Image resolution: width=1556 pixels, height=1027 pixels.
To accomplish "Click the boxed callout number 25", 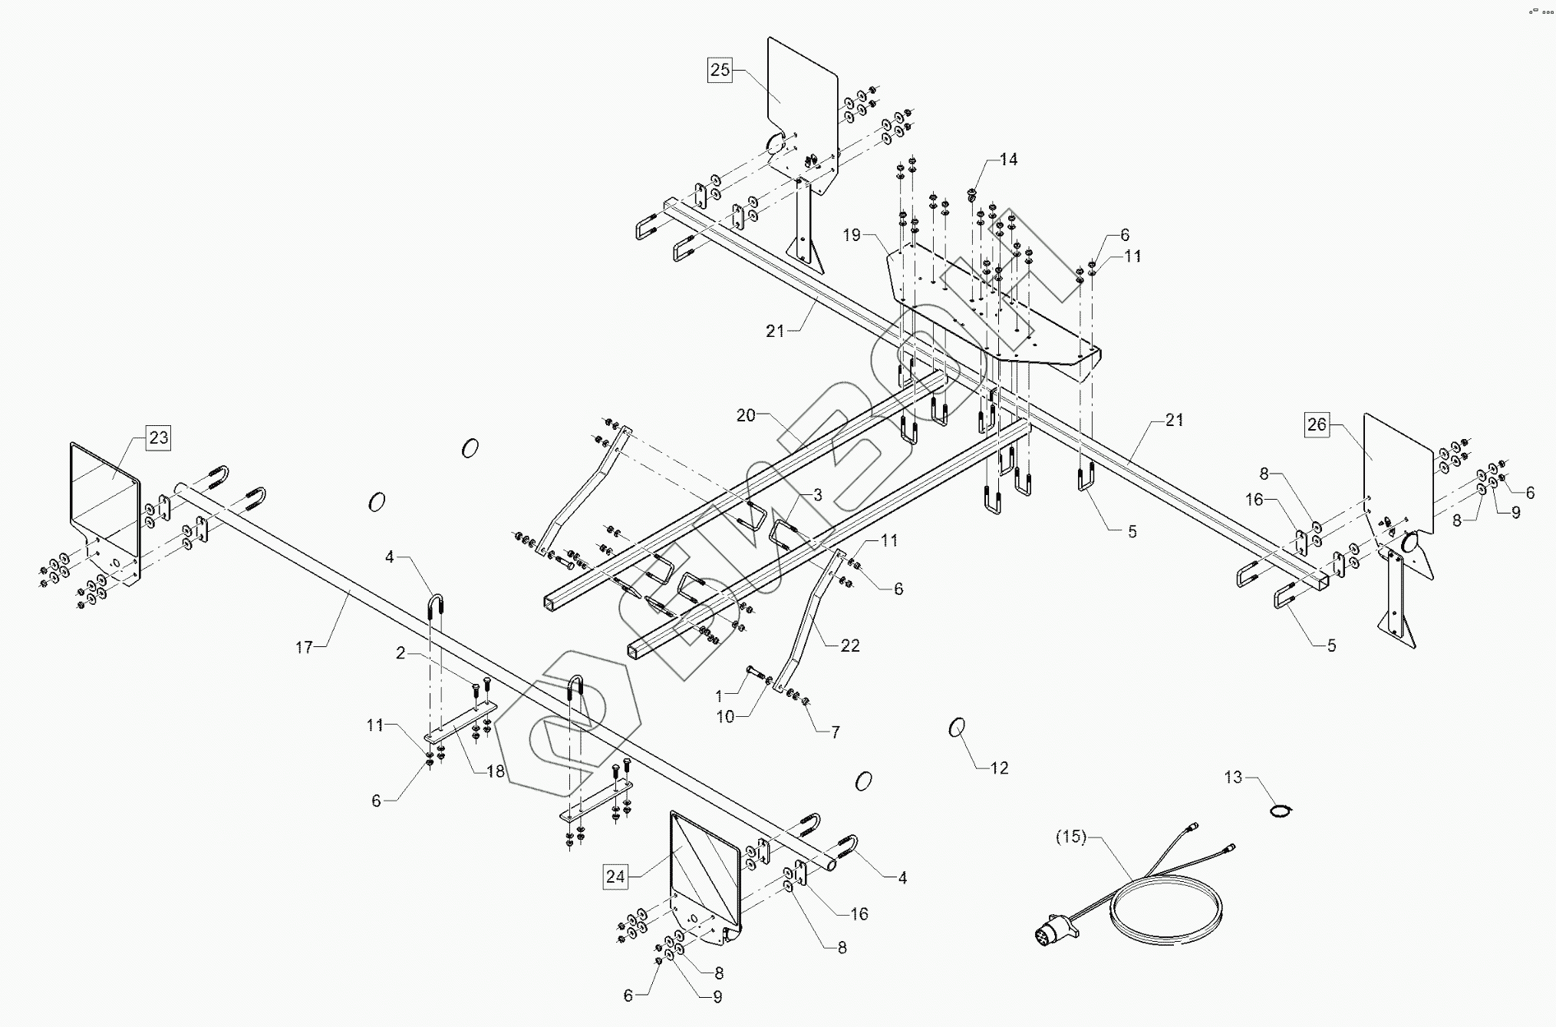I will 720,71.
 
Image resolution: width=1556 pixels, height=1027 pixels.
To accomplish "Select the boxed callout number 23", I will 158,438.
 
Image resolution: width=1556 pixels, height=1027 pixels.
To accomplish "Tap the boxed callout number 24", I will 615,877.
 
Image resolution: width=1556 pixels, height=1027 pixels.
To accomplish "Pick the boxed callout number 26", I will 1317,424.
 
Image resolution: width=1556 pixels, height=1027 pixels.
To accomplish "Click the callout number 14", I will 1008,160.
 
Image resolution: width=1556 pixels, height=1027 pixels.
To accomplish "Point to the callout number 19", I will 852,235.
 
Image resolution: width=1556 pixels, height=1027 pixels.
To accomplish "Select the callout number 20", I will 746,415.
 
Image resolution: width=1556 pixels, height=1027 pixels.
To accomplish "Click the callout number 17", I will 305,648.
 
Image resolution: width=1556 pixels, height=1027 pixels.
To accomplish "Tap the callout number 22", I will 849,646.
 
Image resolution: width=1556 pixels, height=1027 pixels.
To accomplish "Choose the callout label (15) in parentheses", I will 1071,837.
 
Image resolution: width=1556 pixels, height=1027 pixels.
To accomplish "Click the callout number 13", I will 1233,778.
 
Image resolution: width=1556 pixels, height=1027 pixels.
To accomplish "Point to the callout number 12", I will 999,768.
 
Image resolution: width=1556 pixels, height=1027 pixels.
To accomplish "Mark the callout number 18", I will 496,771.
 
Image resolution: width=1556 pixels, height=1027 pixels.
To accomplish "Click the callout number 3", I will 817,495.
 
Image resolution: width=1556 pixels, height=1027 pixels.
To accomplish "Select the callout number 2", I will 401,653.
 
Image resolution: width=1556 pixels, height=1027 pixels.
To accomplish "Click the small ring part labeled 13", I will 1281,810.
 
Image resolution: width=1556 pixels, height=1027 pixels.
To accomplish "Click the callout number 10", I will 725,716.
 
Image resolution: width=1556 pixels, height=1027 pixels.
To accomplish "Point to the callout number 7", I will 835,732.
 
